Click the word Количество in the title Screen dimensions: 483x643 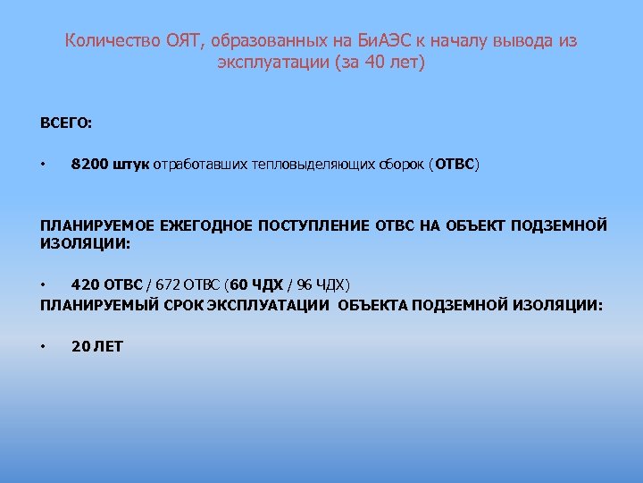[113, 41]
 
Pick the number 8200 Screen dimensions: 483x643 [88, 165]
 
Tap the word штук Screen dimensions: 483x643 [131, 165]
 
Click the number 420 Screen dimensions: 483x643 [85, 285]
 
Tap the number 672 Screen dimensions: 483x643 [166, 285]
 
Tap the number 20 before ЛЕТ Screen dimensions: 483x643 [79, 346]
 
